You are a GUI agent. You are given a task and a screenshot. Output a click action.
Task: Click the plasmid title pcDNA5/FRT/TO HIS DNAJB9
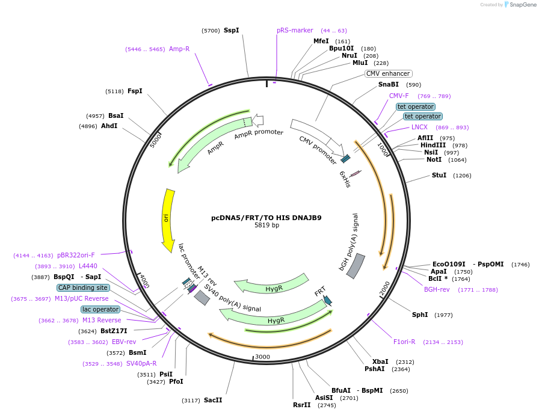266,218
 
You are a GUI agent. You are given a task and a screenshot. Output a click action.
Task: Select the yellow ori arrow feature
167,220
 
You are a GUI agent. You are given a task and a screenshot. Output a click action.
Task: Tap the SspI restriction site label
231,30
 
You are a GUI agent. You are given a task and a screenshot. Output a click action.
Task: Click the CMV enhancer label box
388,74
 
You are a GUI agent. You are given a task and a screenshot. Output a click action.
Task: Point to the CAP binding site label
84,287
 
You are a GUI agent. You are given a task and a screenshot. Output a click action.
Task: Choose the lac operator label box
100,309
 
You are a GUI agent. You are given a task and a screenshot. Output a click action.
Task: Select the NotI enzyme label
434,159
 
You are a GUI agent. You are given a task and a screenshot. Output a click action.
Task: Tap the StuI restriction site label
439,175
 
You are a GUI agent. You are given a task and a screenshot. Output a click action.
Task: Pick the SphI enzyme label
420,315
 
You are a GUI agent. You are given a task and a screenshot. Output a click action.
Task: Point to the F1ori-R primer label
404,342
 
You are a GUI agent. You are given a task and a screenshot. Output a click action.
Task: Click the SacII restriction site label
213,400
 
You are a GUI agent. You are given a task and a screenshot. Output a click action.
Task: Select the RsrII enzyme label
302,405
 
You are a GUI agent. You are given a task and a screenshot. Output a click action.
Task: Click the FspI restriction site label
135,91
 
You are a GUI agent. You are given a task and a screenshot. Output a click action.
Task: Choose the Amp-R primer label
179,49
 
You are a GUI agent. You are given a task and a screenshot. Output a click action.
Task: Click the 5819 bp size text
266,226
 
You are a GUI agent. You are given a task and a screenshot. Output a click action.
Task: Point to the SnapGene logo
518,4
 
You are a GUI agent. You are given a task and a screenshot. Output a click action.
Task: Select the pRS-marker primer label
295,30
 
